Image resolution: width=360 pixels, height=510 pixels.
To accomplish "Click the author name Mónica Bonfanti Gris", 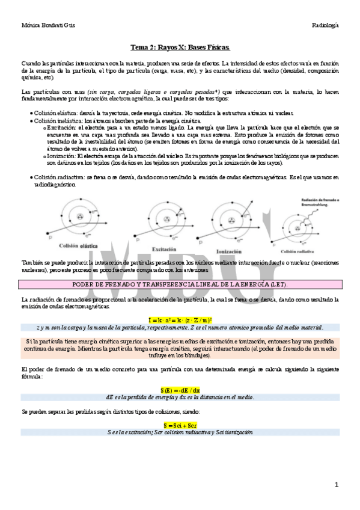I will pyautogui.click(x=44, y=25).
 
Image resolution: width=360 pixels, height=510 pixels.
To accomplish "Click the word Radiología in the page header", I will pyautogui.click(x=325, y=25).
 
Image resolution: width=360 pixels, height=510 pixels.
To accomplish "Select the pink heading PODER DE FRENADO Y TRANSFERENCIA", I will pyautogui.click(x=180, y=284).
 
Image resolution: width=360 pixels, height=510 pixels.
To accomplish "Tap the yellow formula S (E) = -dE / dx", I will pyautogui.click(x=180, y=390).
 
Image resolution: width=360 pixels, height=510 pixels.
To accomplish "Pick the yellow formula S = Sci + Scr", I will pyautogui.click(x=180, y=425).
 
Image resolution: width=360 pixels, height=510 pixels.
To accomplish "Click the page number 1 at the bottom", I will pyautogui.click(x=337, y=484).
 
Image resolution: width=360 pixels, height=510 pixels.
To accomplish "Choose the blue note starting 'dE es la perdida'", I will pyautogui.click(x=180, y=397).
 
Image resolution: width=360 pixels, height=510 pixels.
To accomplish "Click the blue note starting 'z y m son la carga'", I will pyautogui.click(x=180, y=328).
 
